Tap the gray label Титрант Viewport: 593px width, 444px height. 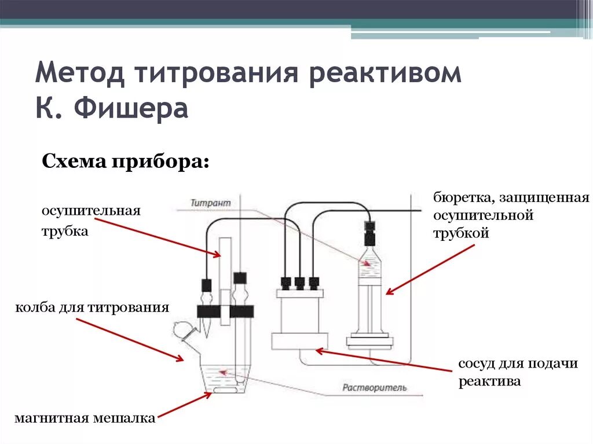coord(211,203)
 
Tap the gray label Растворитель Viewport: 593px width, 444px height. coord(374,387)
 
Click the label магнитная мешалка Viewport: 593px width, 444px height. coord(85,418)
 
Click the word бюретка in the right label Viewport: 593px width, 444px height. coord(460,198)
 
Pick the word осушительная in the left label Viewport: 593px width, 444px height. coord(91,210)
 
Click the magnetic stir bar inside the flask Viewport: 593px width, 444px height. coord(221,392)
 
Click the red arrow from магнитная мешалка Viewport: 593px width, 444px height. coord(184,405)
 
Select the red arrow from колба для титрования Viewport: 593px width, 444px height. coord(130,339)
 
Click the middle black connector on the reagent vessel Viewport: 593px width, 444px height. coord(299,282)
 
